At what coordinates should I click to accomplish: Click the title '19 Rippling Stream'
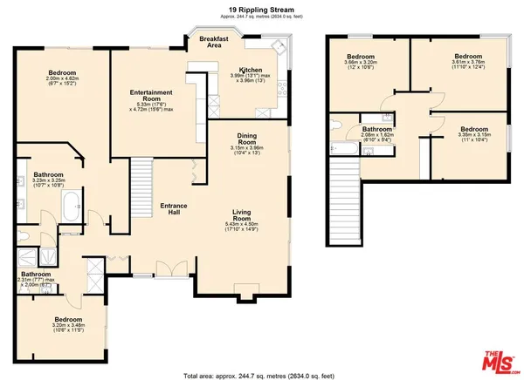(261, 10)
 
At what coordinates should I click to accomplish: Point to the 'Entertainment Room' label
(151, 92)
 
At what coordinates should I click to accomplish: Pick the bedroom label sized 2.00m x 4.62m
(62, 73)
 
